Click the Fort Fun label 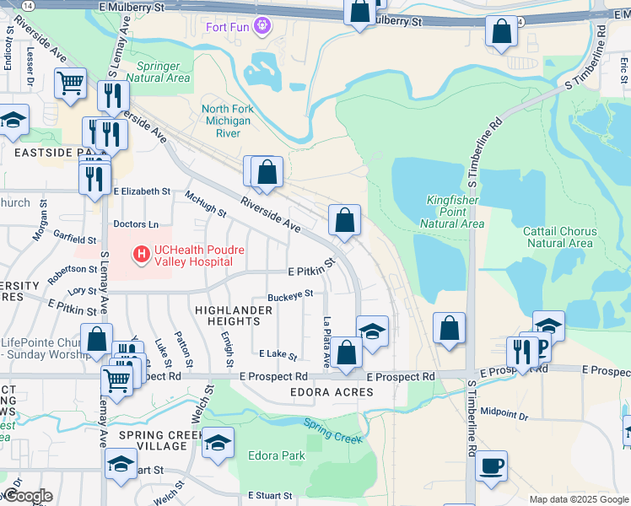click(229, 26)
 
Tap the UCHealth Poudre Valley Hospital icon click(141, 251)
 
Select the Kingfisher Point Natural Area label click(455, 212)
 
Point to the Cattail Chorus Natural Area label click(562, 237)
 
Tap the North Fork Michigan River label click(226, 121)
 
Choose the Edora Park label click(276, 456)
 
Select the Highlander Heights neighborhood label click(234, 315)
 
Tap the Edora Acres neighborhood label click(320, 392)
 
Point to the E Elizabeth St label click(143, 191)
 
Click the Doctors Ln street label click(136, 224)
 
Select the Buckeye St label click(291, 295)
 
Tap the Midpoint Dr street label click(504, 414)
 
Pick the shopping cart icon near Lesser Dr click(70, 83)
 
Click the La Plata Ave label click(326, 342)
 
